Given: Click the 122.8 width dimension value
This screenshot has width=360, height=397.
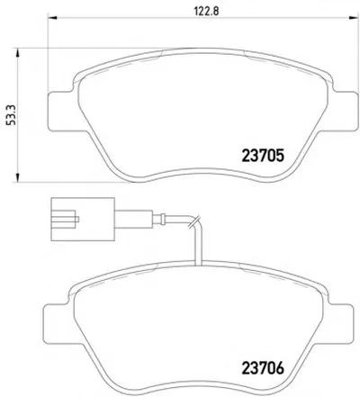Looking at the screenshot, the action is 206,11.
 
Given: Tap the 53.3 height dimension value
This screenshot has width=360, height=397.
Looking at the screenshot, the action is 11,115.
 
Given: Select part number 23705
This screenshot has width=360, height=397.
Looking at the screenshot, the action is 263,156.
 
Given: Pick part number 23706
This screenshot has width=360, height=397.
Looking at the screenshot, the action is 263,368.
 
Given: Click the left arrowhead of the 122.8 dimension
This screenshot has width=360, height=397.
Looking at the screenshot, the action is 52,17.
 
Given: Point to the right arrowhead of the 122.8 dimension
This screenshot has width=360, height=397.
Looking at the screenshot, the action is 355,17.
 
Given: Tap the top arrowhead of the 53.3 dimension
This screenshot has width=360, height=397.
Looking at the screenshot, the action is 17,53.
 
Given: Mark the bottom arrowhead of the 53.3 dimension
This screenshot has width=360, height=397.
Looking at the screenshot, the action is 17,177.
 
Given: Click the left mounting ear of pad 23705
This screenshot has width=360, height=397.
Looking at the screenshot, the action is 60,111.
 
